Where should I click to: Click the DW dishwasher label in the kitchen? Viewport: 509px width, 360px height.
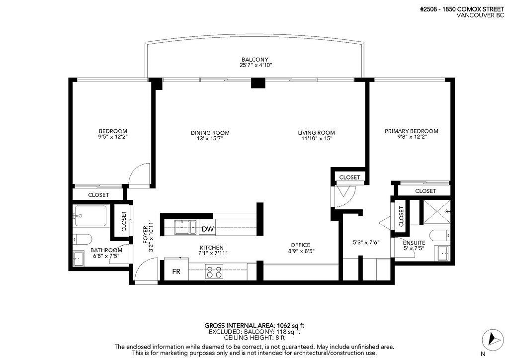coord(207,229)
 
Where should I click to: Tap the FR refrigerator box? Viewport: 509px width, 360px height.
coord(176,272)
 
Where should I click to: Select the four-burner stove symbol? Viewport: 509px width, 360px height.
coord(214,272)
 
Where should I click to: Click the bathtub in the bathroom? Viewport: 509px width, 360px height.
coord(90,216)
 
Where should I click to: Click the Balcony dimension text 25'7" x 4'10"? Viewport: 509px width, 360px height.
coord(256,65)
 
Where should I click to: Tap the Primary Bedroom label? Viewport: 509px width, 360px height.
coord(411,131)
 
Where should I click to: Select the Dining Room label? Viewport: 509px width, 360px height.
coord(210,133)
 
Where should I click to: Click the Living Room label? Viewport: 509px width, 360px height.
coord(316,133)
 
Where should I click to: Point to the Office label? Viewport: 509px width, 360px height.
coord(300,245)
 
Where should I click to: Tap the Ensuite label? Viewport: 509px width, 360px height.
coord(414,242)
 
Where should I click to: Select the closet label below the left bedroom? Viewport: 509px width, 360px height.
coord(98,195)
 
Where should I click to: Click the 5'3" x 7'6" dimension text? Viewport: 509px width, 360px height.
coord(366,243)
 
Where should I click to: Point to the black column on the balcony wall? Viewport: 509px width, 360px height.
coord(258,83)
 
